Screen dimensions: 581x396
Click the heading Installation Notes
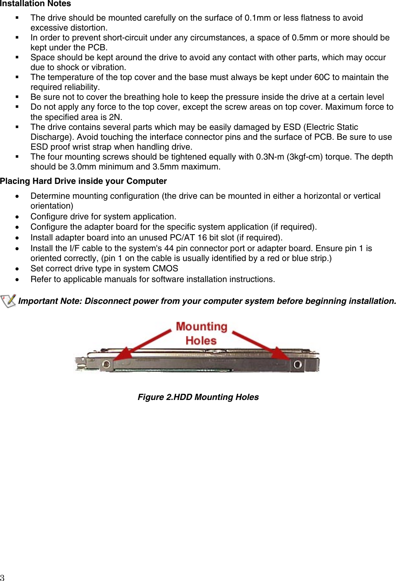(x=35, y=4)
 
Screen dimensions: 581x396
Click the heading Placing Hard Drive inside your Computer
(x=83, y=181)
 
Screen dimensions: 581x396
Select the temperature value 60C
(x=322, y=77)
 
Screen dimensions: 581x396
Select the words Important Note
(x=49, y=301)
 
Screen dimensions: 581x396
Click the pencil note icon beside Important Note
(x=8, y=301)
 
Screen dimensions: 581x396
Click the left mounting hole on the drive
(x=106, y=364)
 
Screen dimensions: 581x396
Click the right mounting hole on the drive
(x=297, y=364)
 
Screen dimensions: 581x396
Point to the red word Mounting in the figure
(x=202, y=327)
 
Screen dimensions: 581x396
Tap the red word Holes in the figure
(x=201, y=341)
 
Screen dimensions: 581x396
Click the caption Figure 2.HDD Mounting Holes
(x=198, y=397)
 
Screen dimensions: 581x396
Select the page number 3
(x=2, y=577)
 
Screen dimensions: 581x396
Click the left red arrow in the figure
(x=144, y=343)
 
